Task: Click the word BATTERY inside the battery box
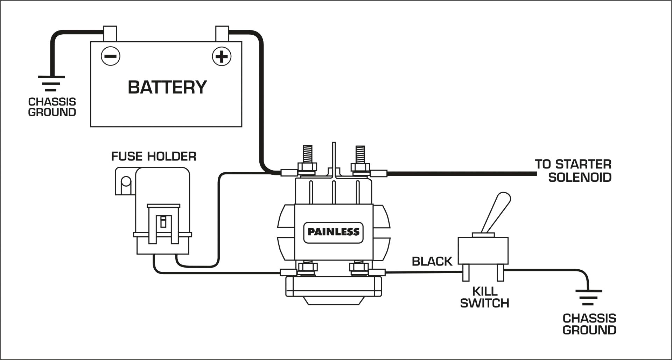(x=167, y=87)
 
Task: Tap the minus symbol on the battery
(x=111, y=56)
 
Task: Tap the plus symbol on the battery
(x=222, y=56)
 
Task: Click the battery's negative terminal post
(x=110, y=34)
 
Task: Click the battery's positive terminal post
(x=222, y=34)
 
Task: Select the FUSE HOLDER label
(x=154, y=156)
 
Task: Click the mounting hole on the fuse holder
(x=126, y=182)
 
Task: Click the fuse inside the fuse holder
(x=163, y=222)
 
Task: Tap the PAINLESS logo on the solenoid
(x=333, y=232)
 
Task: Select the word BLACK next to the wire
(x=432, y=261)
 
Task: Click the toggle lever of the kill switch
(x=496, y=212)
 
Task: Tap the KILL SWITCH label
(x=484, y=297)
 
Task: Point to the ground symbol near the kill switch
(x=589, y=297)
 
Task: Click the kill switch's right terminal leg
(x=500, y=272)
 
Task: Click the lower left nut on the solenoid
(x=307, y=268)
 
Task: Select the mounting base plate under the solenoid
(x=333, y=286)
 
